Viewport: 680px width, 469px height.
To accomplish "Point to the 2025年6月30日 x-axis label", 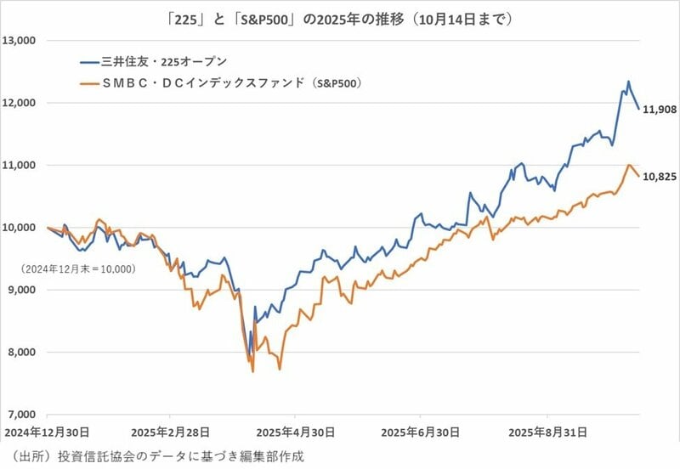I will coord(421,432).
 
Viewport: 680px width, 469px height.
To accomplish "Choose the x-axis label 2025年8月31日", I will coord(546,432).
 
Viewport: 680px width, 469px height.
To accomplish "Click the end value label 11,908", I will coord(661,110).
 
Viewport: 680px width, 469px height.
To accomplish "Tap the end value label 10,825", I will coord(661,177).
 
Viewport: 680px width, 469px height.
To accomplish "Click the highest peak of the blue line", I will coord(628,82).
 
